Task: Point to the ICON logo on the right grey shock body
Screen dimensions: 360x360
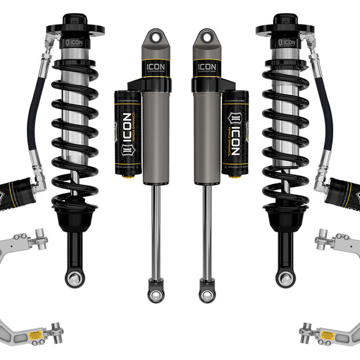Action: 207,67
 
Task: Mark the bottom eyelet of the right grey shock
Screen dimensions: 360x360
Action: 207,295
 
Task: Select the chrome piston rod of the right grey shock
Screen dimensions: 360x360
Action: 206,232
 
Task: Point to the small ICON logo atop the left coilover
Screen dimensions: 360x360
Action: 76,42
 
